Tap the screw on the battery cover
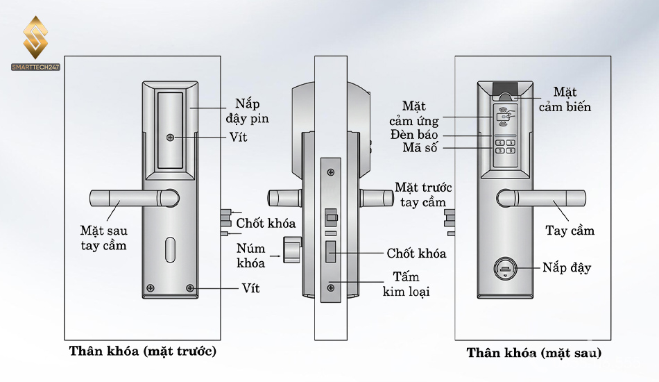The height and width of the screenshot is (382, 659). pyautogui.click(x=170, y=138)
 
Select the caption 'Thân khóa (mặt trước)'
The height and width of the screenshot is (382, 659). pyautogui.click(x=143, y=351)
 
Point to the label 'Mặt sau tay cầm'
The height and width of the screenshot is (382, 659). pyautogui.click(x=103, y=238)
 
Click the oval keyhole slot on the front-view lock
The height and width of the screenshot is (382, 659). pyautogui.click(x=171, y=251)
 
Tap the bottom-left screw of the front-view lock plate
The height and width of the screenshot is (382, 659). pyautogui.click(x=149, y=288)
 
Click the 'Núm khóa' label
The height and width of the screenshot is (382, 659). pyautogui.click(x=250, y=256)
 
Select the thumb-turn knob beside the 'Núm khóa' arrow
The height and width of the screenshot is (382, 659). pyautogui.click(x=291, y=249)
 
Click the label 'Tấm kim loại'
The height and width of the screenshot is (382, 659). pyautogui.click(x=406, y=285)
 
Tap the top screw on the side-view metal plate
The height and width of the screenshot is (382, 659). pyautogui.click(x=331, y=170)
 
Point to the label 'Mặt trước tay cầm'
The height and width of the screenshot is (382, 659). pyautogui.click(x=423, y=194)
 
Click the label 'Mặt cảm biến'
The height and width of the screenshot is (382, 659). pyautogui.click(x=572, y=99)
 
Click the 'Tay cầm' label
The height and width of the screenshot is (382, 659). pyautogui.click(x=570, y=231)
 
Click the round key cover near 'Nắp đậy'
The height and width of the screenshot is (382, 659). pyautogui.click(x=504, y=268)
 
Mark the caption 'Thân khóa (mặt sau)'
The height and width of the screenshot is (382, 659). pyautogui.click(x=533, y=353)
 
